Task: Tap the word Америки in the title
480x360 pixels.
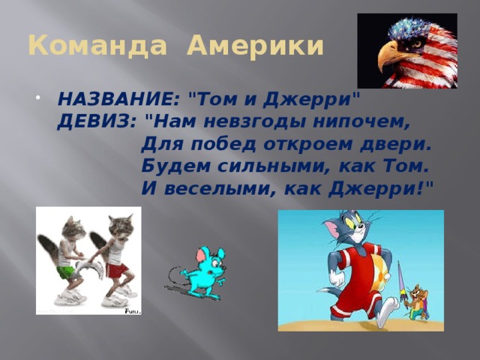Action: (256, 46)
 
